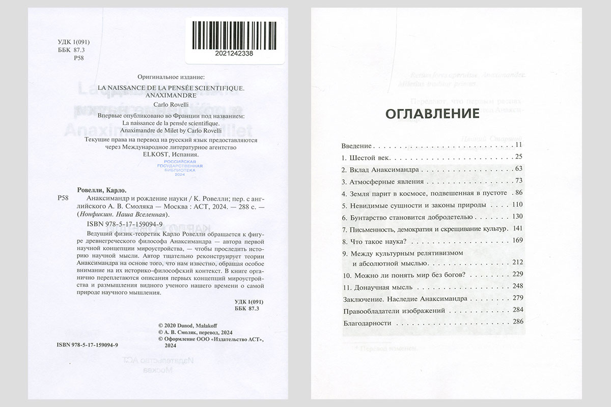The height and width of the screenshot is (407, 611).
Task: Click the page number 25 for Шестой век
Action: click(519, 156)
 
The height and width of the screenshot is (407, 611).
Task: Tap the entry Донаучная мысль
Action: click(376, 286)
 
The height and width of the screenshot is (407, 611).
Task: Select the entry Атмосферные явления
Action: click(380, 181)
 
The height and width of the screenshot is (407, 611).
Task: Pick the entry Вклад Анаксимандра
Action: click(380, 168)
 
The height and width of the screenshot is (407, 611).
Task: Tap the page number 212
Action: click(516, 263)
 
